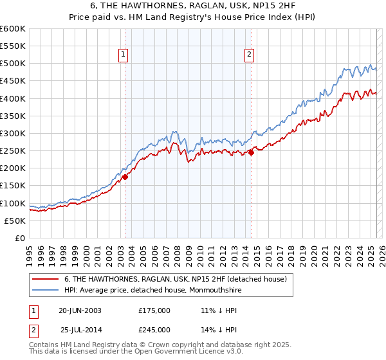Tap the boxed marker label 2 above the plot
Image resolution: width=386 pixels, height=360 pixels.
(x=249, y=55)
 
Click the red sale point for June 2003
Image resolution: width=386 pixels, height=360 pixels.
(x=125, y=177)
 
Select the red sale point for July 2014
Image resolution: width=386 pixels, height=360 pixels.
(x=252, y=152)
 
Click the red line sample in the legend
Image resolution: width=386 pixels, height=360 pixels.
(x=45, y=279)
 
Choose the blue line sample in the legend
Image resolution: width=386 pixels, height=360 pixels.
(x=45, y=290)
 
